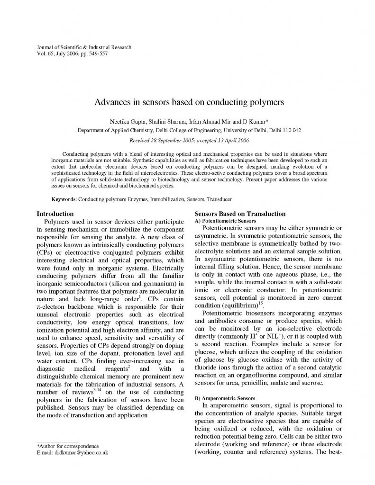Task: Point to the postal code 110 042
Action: [290, 130]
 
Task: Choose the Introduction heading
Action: [55, 214]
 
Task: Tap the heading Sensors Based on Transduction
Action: [240, 214]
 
